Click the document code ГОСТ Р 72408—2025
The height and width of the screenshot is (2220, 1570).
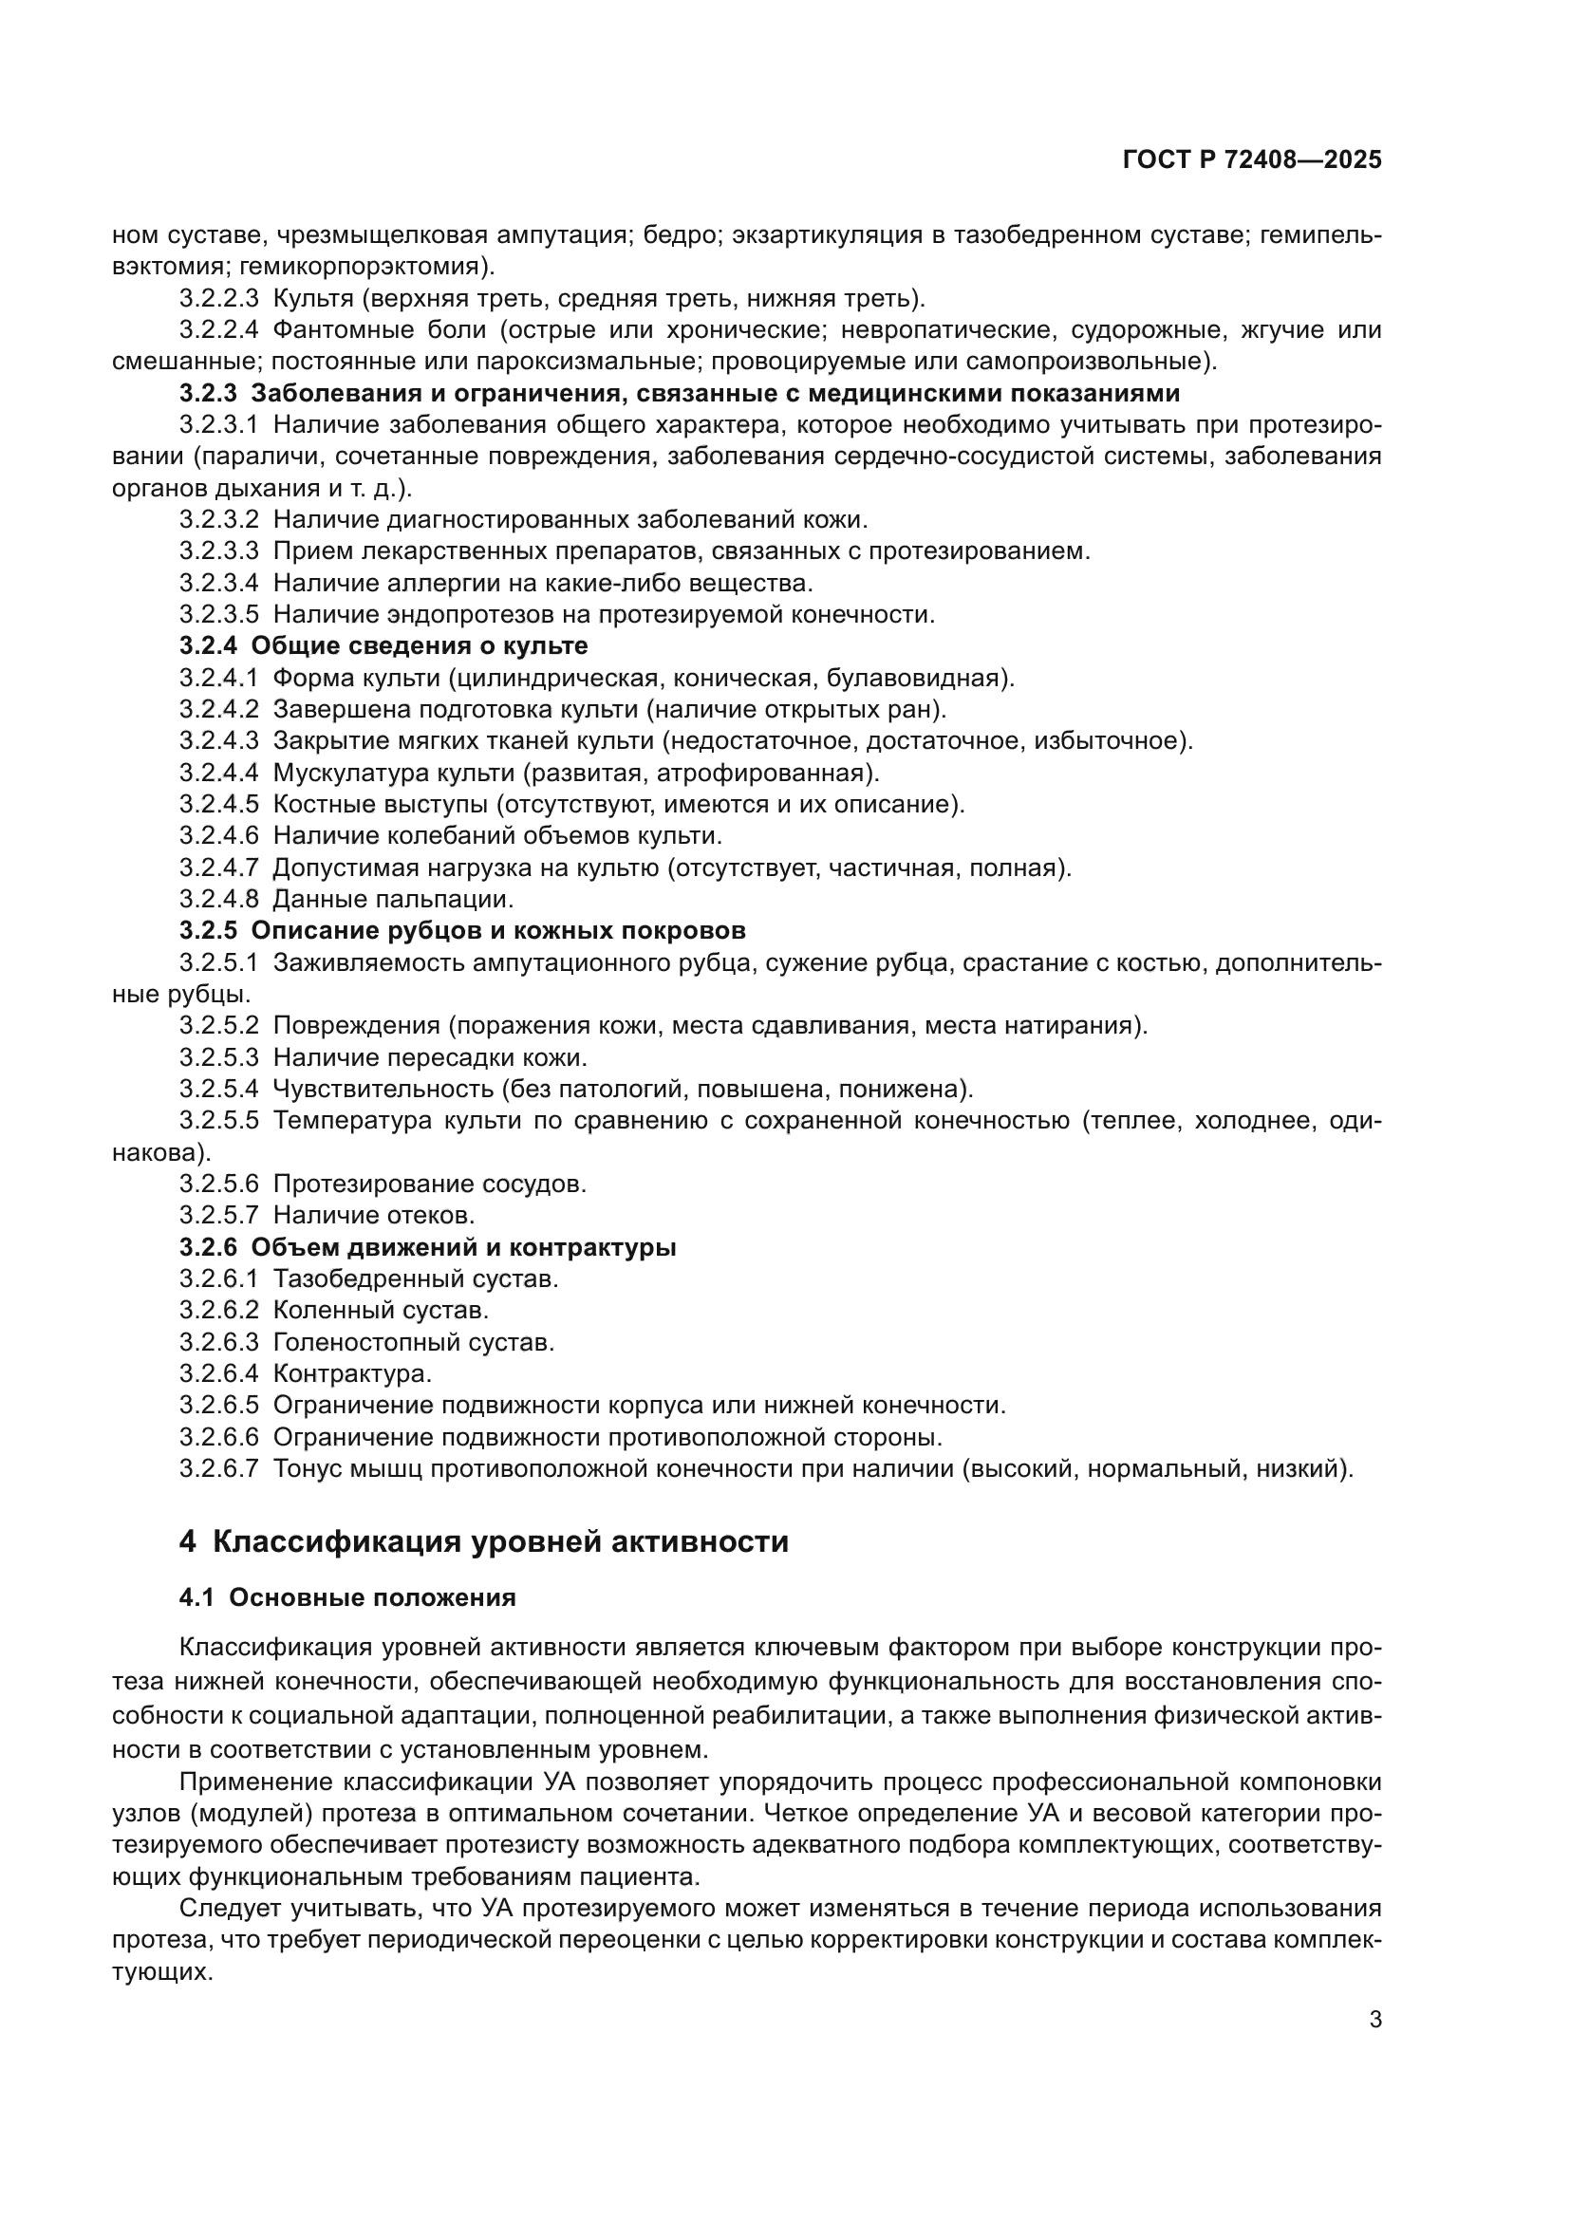tap(1252, 160)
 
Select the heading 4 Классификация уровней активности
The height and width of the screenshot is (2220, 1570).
tap(483, 1541)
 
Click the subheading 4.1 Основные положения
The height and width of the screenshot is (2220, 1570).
tap(347, 1597)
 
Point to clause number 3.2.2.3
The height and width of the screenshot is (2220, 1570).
tap(218, 299)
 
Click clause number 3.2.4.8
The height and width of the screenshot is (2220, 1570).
tap(218, 899)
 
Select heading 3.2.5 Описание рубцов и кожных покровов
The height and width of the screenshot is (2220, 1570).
tap(462, 931)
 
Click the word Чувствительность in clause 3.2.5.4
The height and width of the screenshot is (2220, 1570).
tap(383, 1090)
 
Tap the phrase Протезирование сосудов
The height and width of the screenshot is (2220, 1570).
tap(429, 1185)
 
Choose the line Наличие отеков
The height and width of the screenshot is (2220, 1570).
tap(373, 1216)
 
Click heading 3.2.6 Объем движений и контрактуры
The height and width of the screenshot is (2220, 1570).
tap(427, 1247)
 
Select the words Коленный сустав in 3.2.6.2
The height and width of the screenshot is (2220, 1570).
tap(380, 1310)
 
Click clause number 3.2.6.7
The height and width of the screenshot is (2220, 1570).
tap(218, 1468)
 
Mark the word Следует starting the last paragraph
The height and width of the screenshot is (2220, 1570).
tap(229, 1910)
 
